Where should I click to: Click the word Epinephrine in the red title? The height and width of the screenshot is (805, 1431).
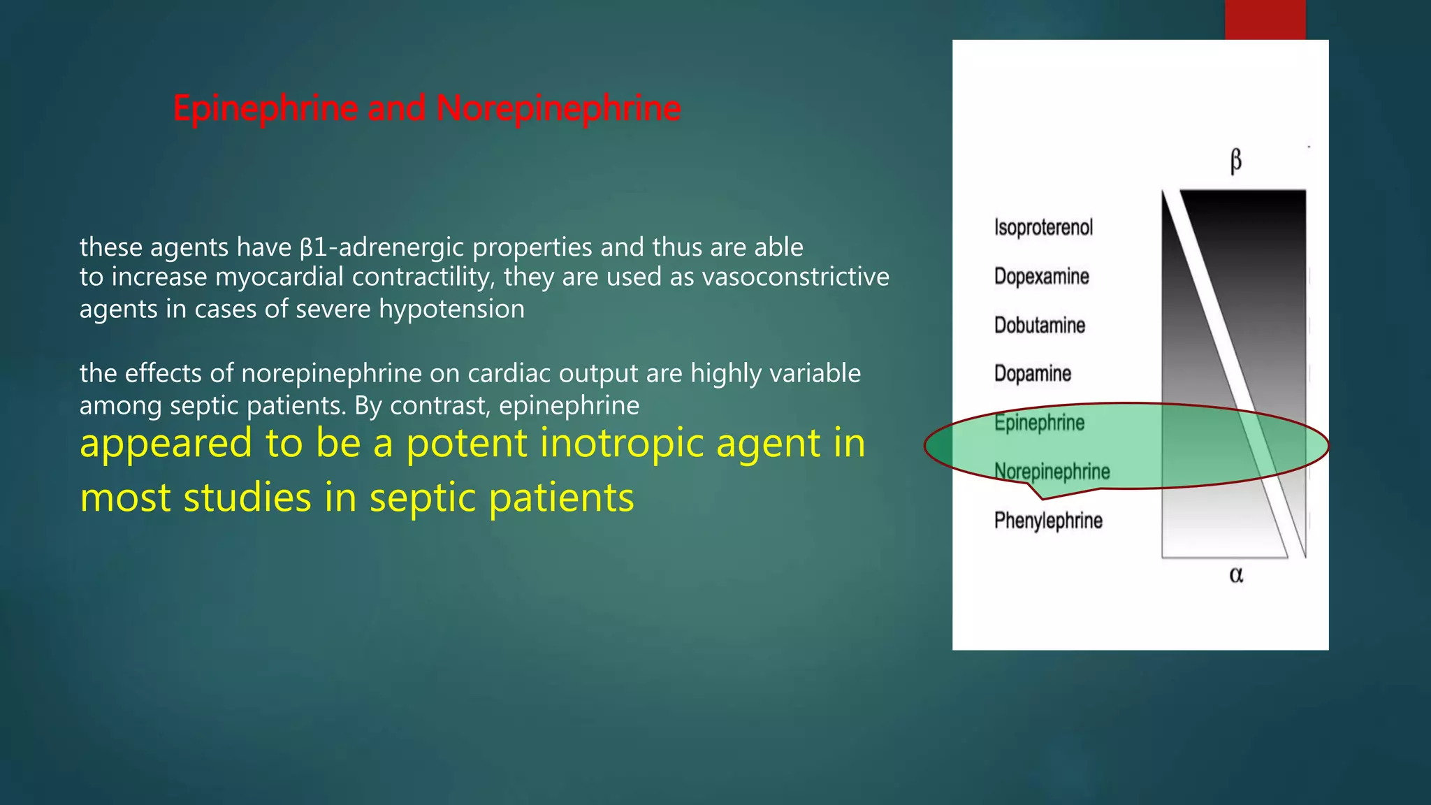pos(266,109)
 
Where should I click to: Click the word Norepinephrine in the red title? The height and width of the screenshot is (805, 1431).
pos(558,109)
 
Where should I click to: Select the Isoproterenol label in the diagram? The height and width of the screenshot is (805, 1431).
pos(1043,227)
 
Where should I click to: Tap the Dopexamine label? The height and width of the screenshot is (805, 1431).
pos(1041,276)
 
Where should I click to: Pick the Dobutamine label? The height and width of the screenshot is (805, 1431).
pos(1039,325)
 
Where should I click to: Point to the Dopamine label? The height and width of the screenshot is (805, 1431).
pos(1032,373)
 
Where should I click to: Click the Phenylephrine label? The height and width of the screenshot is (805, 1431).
pos(1048,521)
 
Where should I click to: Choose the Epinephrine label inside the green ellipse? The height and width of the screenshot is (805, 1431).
pos(1039,422)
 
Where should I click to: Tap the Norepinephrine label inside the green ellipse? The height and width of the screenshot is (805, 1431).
pos(1052,472)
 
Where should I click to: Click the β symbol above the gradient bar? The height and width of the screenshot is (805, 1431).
pos(1235,161)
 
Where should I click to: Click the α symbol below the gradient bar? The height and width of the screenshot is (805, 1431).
pos(1235,574)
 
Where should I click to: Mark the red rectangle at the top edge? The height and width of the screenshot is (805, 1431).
pos(1265,20)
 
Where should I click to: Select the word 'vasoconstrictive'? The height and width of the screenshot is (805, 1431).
pos(795,277)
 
